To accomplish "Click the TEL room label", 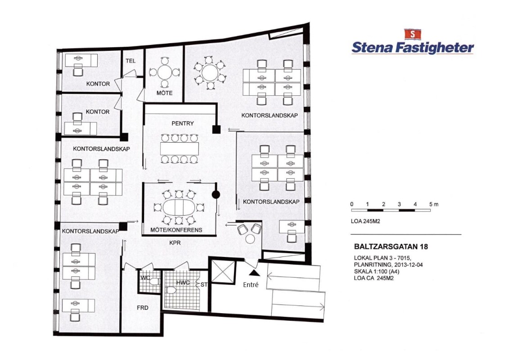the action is point(131,61).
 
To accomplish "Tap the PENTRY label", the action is point(182,123).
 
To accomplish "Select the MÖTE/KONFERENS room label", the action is point(176,230).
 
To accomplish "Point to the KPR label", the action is point(175,243).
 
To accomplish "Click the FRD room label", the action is point(143,307).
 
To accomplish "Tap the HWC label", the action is point(183,283).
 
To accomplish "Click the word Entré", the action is point(251,285).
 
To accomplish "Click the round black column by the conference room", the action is point(216,195).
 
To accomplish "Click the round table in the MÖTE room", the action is point(165,72).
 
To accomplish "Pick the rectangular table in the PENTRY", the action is point(179,148).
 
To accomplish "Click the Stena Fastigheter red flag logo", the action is point(412,34).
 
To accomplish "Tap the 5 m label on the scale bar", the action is point(434,204).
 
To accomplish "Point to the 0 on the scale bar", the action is point(352,204).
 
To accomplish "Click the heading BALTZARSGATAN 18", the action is point(391,247).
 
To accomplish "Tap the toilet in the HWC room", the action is point(171,290).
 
